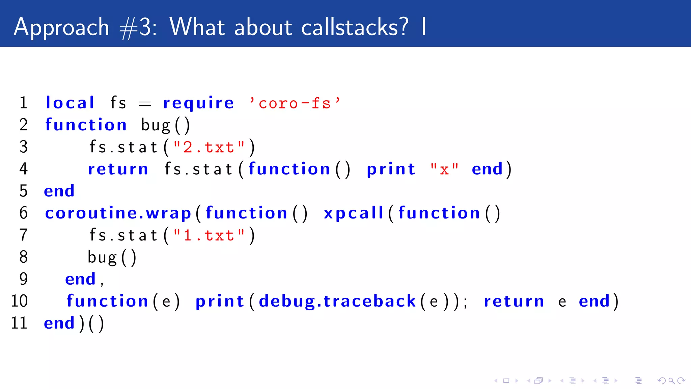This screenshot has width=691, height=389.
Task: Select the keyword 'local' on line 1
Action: click(x=70, y=103)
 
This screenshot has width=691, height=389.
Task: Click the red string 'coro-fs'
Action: click(x=295, y=103)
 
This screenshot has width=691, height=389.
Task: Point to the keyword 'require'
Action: click(x=198, y=103)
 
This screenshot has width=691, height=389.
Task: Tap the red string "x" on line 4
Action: click(x=444, y=169)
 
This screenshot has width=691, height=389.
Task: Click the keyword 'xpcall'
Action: click(x=354, y=213)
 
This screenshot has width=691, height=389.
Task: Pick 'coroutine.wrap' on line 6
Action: click(x=118, y=213)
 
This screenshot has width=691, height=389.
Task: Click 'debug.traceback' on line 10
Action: click(x=337, y=301)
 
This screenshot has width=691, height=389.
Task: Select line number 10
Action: click(x=19, y=301)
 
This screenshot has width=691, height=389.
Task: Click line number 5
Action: click(x=23, y=191)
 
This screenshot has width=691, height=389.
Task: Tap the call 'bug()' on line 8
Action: click(x=112, y=257)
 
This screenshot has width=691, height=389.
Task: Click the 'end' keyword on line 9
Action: click(x=80, y=279)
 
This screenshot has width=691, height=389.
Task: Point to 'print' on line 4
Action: click(x=391, y=169)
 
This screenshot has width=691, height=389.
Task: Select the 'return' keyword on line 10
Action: click(x=514, y=301)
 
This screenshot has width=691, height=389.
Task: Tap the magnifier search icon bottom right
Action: click(x=671, y=381)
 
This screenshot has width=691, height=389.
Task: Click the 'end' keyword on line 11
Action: click(x=59, y=323)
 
